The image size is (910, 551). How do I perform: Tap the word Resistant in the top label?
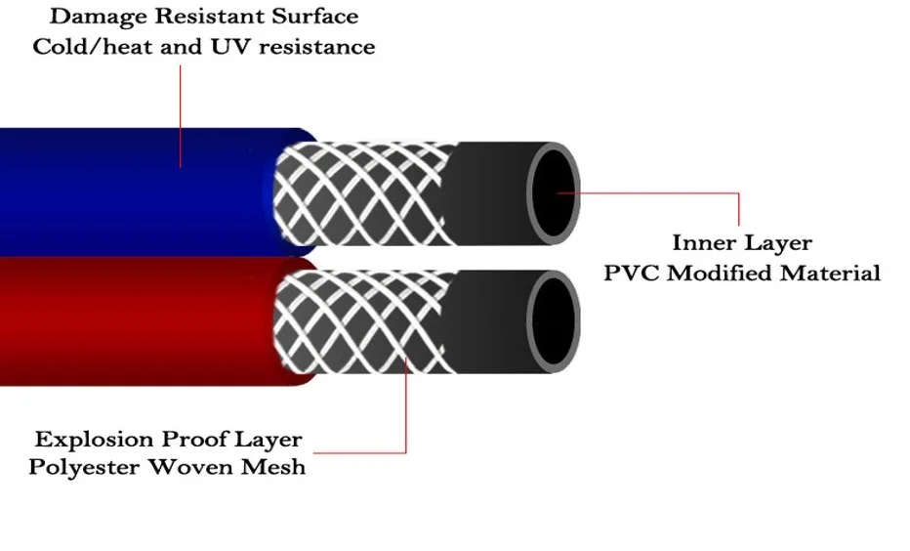(209, 16)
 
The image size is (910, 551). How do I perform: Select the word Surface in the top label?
(315, 16)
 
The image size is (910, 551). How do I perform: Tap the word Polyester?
(85, 467)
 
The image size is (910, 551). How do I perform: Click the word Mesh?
(272, 467)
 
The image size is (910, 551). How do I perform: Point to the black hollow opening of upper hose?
(553, 193)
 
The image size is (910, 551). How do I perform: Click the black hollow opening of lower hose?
(553, 322)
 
